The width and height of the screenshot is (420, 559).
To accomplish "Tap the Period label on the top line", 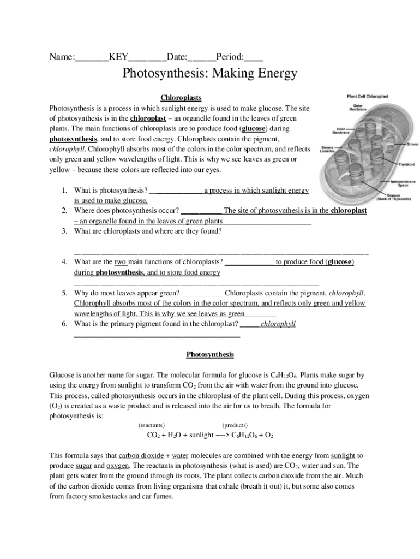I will point(230,57).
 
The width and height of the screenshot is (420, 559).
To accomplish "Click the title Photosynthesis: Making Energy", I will point(209,73).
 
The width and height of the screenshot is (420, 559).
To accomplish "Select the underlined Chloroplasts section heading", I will point(181,98).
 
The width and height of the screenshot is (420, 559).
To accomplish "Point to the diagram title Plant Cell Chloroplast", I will point(368,96).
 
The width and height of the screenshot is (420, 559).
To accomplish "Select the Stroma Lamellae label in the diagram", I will point(327,149).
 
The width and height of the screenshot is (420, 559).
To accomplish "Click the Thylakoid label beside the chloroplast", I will point(407,164).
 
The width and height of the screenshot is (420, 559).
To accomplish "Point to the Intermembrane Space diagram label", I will point(403,183).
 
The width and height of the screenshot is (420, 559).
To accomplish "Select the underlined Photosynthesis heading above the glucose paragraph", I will point(210,355).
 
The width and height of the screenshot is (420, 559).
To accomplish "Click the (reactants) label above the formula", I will point(152,425).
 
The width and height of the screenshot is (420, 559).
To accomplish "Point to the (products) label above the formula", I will point(235,425).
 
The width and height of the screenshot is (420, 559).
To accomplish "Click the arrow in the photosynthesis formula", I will point(222,436).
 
